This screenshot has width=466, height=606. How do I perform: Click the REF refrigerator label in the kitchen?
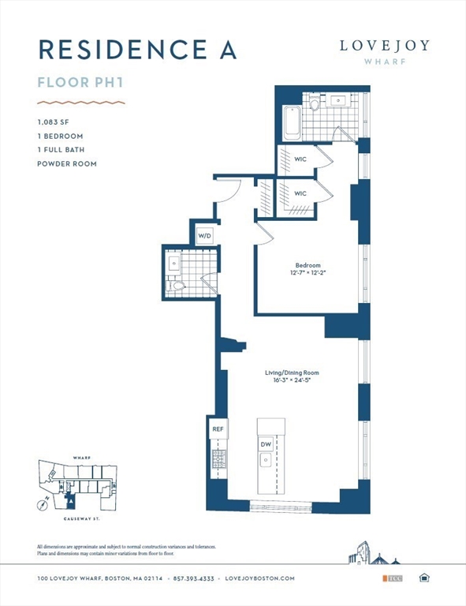click(218, 429)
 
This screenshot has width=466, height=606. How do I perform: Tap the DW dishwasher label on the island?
click(266, 445)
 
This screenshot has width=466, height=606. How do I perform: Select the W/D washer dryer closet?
click(204, 235)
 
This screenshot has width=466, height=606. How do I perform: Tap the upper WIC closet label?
click(300, 159)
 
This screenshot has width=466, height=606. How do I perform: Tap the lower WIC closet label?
click(300, 193)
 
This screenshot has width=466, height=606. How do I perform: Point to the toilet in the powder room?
click(178, 286)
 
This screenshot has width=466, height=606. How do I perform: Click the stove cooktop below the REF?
click(218, 458)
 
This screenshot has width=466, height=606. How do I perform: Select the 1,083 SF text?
click(51, 122)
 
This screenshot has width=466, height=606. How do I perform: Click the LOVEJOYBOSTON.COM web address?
click(259, 578)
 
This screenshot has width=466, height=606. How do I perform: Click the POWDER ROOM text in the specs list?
click(66, 163)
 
